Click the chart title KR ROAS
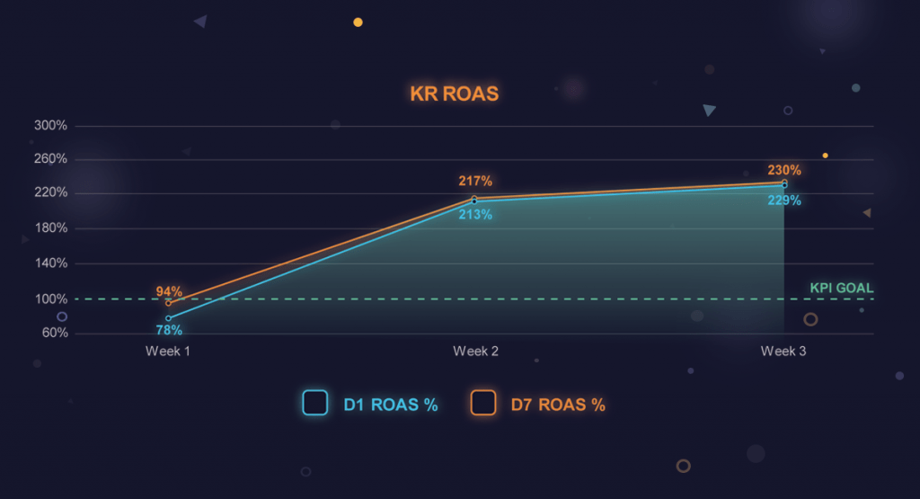coord(454,94)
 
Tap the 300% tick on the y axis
coord(51,125)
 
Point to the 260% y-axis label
coord(51,159)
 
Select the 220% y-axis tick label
coord(51,193)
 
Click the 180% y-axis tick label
coord(51,228)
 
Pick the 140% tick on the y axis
coord(51,263)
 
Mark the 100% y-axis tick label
coord(51,299)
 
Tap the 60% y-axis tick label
coord(54,334)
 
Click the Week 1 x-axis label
coord(168,352)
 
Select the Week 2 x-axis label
coord(476,352)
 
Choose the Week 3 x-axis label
coord(783,352)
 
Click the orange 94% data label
coord(169,291)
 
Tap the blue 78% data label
coord(169,330)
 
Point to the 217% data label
coord(475,182)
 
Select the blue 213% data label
coord(475,215)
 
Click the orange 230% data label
coord(784,170)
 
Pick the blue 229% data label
coord(784,200)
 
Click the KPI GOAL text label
coord(841,289)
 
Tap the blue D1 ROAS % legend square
coord(314,403)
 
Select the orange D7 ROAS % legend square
coord(483,403)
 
